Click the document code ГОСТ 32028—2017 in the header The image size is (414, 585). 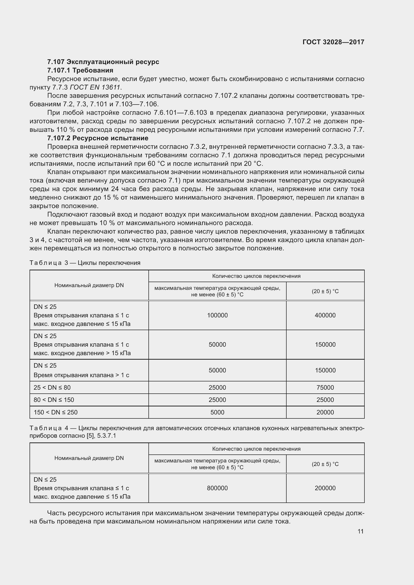pos(333,42)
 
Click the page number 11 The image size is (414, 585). pos(360,531)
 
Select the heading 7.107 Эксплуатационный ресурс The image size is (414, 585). pos(103,62)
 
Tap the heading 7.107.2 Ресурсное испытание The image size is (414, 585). pos(98,138)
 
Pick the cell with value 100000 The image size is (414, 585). pos(217,315)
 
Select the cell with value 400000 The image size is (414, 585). pos(325,315)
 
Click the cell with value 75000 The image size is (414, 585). pos(325,387)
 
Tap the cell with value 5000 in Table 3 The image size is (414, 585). pos(217,412)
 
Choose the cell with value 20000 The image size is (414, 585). pos(325,412)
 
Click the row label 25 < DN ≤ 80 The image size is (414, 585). pos(52,387)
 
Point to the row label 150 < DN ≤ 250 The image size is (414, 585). pos(56,412)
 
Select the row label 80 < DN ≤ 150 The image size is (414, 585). pos(54,400)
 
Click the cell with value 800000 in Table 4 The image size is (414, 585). pos(217,488)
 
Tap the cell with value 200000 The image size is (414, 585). pos(325,488)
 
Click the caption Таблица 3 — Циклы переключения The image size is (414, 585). pos(85,263)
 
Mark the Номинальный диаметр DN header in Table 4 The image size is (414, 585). pos(89,458)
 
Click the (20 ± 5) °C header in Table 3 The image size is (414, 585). pos(325,291)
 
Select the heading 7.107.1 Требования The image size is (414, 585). pos(80,70)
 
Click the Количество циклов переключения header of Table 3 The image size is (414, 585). pos(256,276)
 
